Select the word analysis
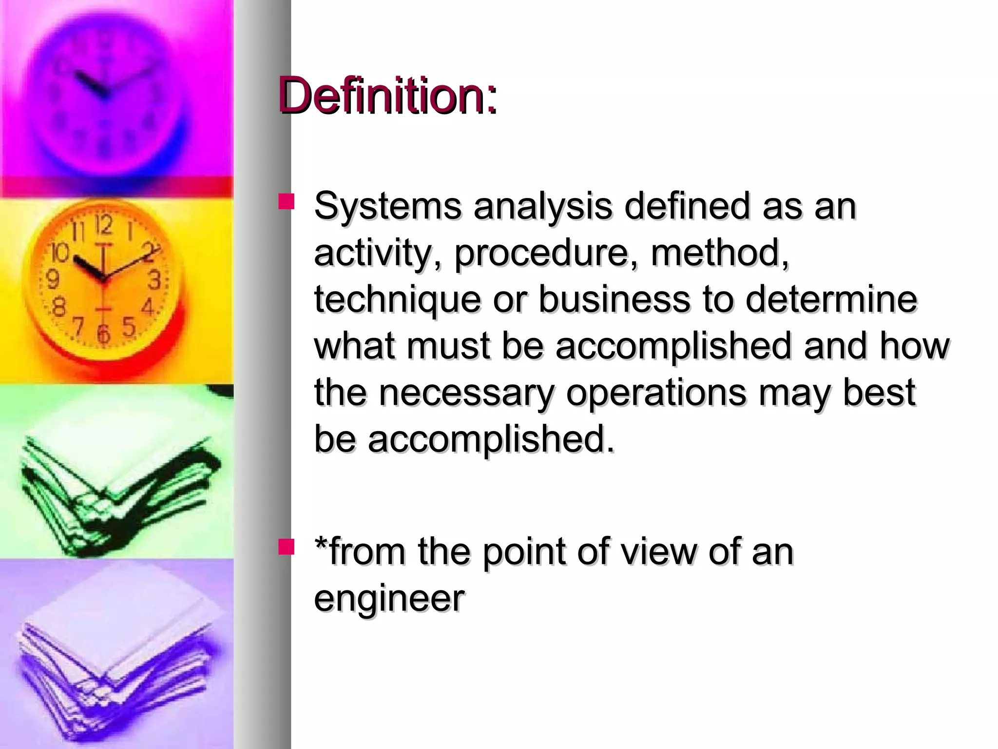543,206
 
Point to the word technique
397,299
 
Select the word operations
655,393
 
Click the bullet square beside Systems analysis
287,202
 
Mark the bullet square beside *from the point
287,547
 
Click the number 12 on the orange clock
104,225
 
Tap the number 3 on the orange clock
154,280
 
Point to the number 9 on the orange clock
52,279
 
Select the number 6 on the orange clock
103,334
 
